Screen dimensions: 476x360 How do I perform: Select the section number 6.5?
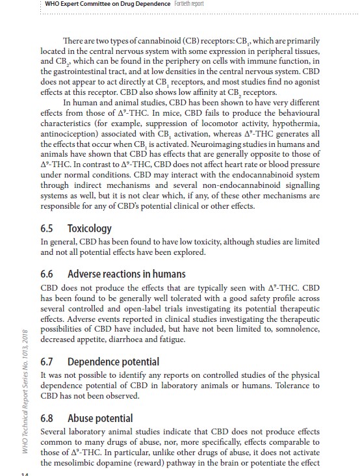coord(50,228)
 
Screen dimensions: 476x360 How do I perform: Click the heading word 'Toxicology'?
coord(89,228)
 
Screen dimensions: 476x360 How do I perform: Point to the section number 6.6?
coord(50,274)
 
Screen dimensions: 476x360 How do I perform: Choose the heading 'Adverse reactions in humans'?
coord(126,274)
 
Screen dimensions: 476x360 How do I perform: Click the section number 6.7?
coord(50,361)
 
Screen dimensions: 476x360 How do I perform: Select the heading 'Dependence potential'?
coord(114,361)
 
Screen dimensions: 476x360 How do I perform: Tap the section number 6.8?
coord(50,418)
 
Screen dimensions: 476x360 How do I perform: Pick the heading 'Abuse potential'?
coord(100,418)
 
